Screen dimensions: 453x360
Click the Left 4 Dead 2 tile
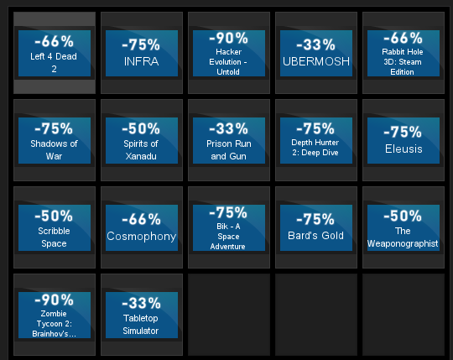coord(55,53)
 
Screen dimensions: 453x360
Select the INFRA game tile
coord(142,53)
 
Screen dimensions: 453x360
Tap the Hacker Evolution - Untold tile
coord(229,53)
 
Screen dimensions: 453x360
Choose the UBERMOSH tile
coord(316,53)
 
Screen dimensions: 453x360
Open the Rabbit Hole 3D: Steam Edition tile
coord(404,53)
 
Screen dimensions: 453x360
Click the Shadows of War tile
coord(55,140)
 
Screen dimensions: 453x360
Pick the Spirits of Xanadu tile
coord(142,140)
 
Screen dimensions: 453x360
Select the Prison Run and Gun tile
coord(229,140)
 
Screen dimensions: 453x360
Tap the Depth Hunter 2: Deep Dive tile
coord(316,140)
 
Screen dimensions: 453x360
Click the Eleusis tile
coord(404,140)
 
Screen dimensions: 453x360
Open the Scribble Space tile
coord(55,227)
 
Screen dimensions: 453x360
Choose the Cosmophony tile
coord(142,227)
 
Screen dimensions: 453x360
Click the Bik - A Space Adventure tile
coord(229,227)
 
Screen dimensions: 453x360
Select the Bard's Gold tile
coord(316,227)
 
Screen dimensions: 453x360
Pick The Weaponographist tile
coord(404,227)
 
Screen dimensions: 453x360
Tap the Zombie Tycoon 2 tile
coord(55,315)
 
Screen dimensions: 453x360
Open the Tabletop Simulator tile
coord(142,315)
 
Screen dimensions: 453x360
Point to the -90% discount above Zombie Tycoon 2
coord(54,300)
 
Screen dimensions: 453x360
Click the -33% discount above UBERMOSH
coord(315,44)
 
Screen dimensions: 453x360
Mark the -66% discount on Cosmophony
coord(141,219)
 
